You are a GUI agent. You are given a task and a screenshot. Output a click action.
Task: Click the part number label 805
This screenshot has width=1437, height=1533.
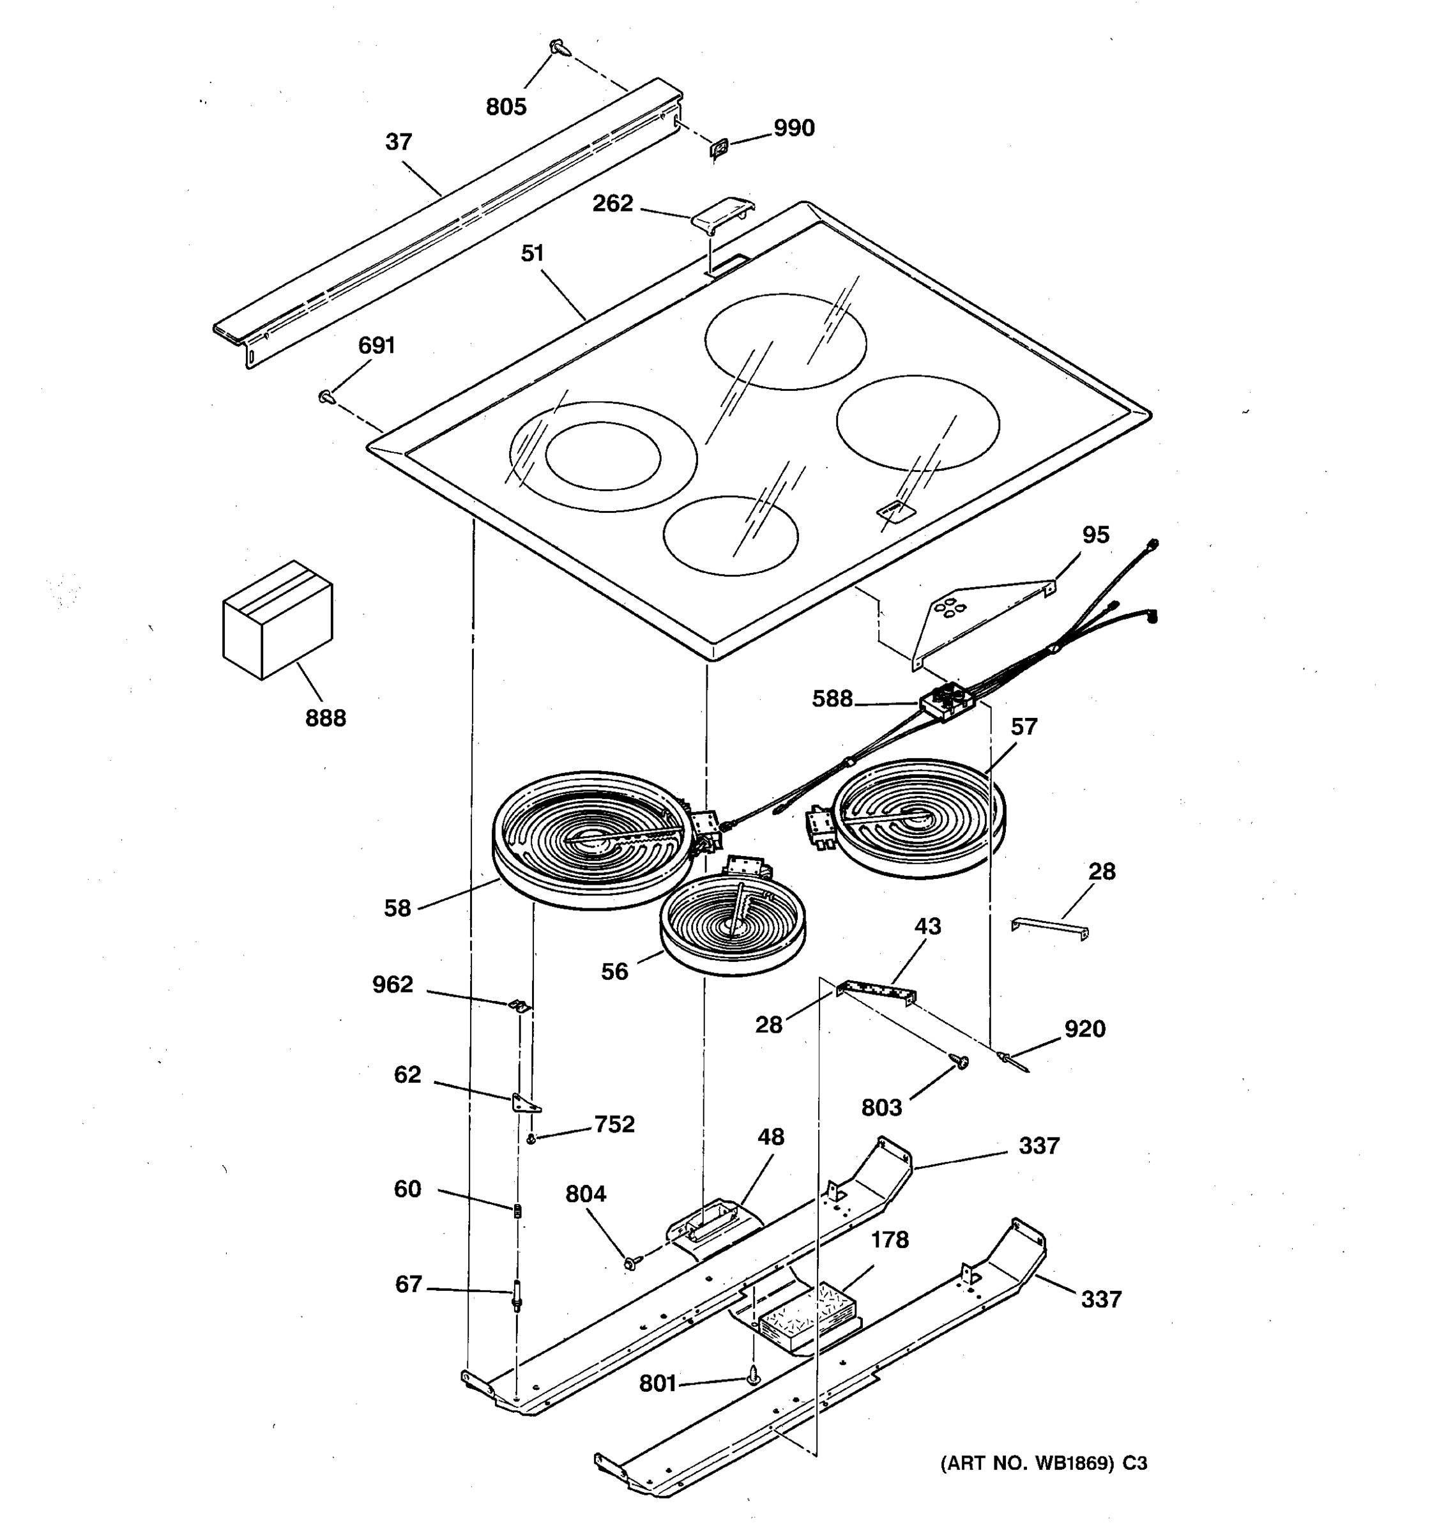506,107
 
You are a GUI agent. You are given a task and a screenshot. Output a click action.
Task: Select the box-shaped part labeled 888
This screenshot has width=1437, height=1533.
278,620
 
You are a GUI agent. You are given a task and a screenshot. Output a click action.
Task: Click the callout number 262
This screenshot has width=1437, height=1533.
612,204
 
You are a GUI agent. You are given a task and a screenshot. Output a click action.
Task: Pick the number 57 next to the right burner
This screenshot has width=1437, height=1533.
1024,726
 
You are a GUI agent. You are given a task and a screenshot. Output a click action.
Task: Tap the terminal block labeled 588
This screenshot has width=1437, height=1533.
947,702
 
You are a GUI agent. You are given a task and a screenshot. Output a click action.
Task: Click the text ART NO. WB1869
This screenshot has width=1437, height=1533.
1028,1463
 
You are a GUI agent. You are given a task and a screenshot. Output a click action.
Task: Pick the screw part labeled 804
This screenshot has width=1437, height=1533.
633,1262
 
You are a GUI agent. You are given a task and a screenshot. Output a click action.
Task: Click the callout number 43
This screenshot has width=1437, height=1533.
927,926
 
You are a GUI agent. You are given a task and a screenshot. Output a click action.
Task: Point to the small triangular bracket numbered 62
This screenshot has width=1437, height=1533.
524,1104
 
